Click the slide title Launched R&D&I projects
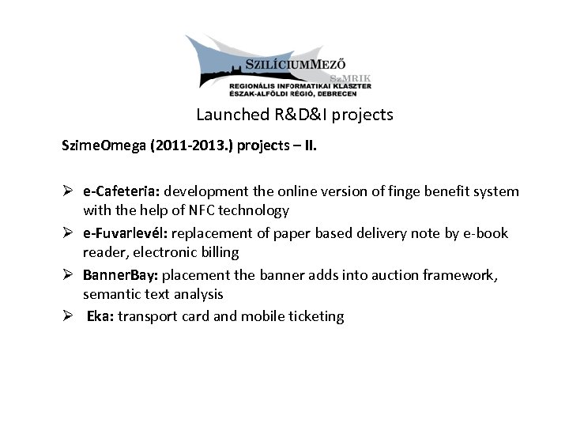click(x=294, y=115)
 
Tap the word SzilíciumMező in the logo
click(x=296, y=64)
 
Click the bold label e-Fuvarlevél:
click(x=126, y=233)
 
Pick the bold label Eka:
click(x=100, y=316)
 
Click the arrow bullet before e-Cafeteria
click(x=69, y=191)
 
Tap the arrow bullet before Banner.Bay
click(x=69, y=275)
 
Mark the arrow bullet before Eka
click(x=69, y=316)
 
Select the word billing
click(x=220, y=253)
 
